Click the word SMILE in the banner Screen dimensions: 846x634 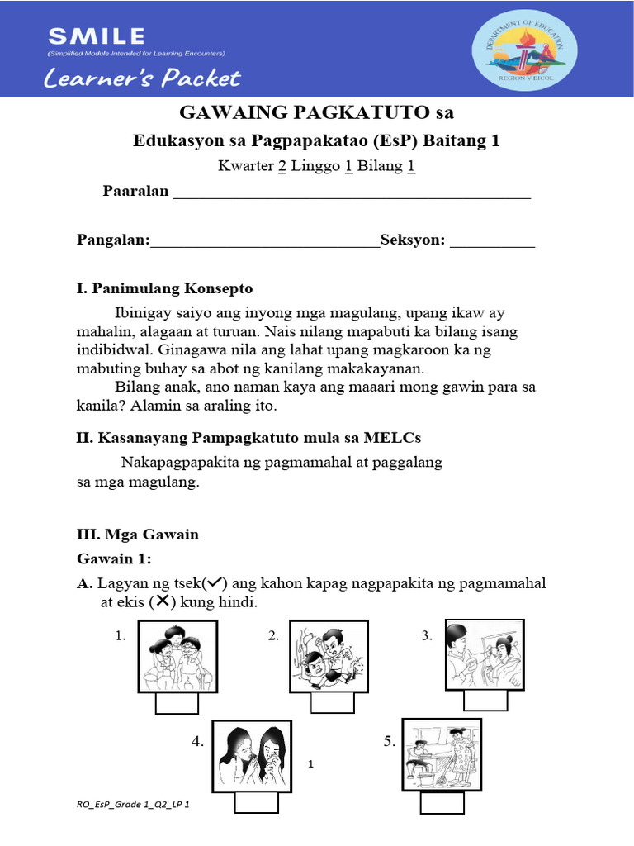[97, 36]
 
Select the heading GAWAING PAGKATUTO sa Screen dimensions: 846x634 [317, 112]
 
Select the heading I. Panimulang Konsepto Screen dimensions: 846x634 [164, 288]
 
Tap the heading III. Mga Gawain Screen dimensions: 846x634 [138, 534]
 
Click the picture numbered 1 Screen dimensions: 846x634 [177, 656]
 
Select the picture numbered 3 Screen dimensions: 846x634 [486, 655]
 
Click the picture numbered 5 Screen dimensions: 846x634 [441, 753]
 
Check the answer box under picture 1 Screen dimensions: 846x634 [177, 703]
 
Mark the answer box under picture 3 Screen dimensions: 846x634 [485, 700]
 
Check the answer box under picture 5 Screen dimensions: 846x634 [442, 804]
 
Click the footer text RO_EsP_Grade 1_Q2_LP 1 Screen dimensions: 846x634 [135, 803]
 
